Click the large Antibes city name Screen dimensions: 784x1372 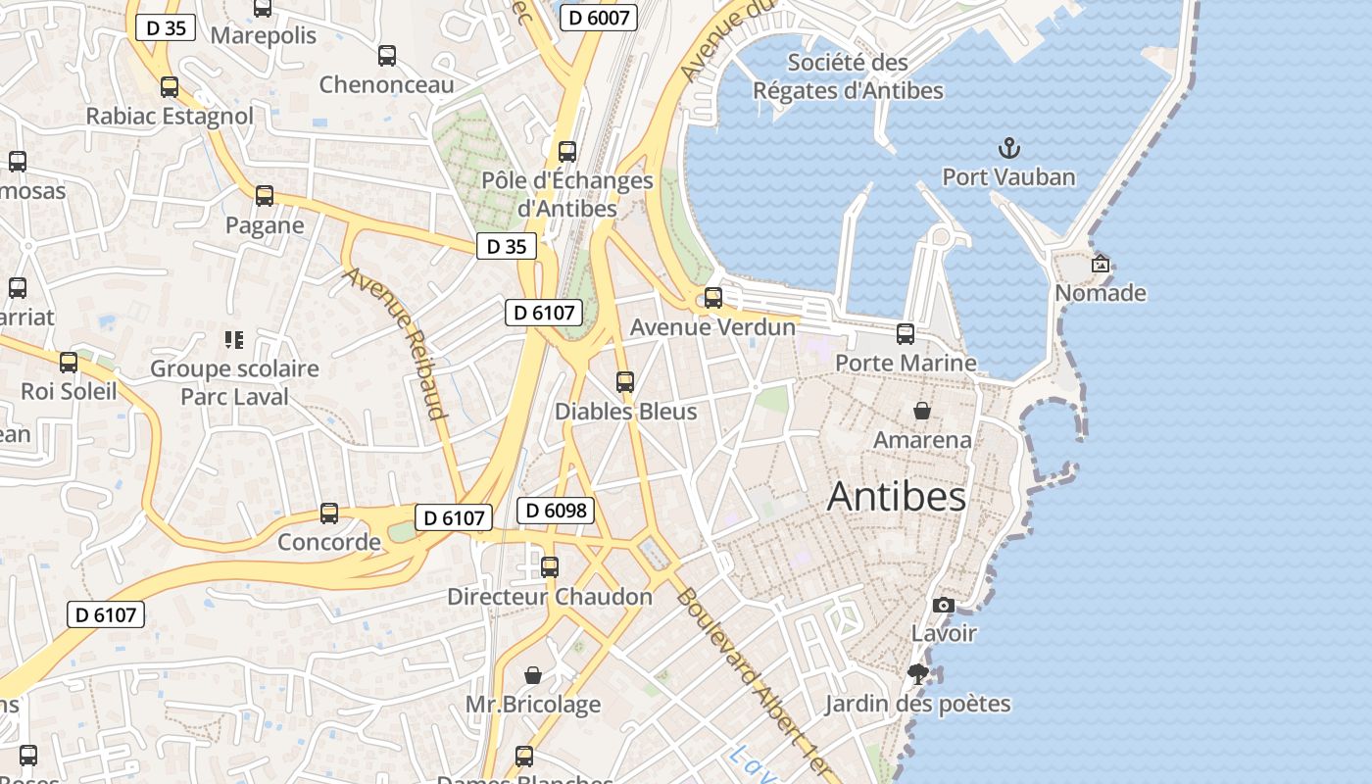coord(897,497)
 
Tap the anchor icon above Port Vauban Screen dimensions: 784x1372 coord(1008,149)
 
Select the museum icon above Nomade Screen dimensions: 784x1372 coord(1100,264)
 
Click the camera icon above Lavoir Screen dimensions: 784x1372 coord(944,605)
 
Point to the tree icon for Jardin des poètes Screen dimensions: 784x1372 coord(918,674)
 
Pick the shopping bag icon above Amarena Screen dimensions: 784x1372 coord(922,410)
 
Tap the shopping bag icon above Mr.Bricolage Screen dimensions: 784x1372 coord(533,674)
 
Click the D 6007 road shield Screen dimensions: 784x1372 coord(600,17)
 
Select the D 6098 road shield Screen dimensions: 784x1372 coord(556,510)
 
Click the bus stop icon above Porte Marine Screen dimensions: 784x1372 coord(906,334)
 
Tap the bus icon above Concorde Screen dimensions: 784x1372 coord(329,514)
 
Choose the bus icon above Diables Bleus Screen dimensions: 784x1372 coord(625,382)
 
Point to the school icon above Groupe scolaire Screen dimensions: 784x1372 coord(234,340)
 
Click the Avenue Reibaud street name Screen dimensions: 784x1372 coord(396,342)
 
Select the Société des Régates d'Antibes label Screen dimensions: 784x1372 coord(848,76)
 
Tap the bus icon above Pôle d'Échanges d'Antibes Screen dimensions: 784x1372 coord(567,152)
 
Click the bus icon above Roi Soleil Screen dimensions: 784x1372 coord(69,363)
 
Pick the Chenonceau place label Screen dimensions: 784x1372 coord(387,84)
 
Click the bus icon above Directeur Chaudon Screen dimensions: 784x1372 coord(550,566)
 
